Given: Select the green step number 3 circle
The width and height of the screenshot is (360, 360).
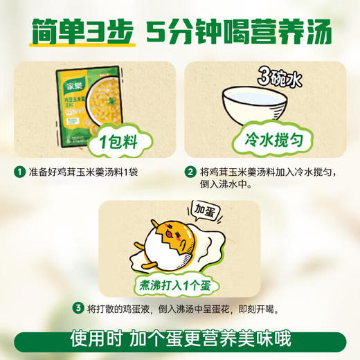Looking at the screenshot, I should pyautogui.click(x=78, y=308).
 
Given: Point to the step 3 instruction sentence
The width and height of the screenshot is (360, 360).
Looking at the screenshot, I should pyautogui.click(x=188, y=308).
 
